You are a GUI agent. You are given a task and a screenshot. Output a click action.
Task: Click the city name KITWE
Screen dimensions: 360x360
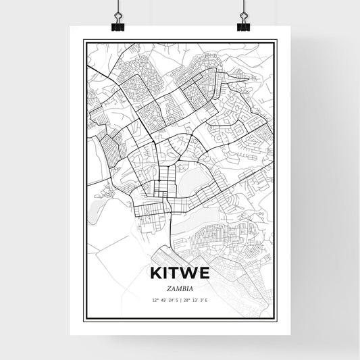[x=180, y=274]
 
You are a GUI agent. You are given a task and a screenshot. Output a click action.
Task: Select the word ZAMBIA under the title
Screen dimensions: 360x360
[x=180, y=287]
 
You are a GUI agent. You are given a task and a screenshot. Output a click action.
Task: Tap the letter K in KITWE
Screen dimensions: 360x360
[x=153, y=274]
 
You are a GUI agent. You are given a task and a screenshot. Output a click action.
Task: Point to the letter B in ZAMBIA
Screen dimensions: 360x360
[x=183, y=287]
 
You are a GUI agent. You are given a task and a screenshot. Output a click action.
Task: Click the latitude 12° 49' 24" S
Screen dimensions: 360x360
[x=165, y=299]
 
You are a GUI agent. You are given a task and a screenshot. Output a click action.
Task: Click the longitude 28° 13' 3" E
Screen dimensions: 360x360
[x=195, y=299]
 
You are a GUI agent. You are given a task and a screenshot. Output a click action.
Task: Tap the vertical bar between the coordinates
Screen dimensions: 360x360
[x=180, y=299]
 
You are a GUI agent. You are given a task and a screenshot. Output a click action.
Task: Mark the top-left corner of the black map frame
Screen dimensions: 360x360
[x=84, y=41]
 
